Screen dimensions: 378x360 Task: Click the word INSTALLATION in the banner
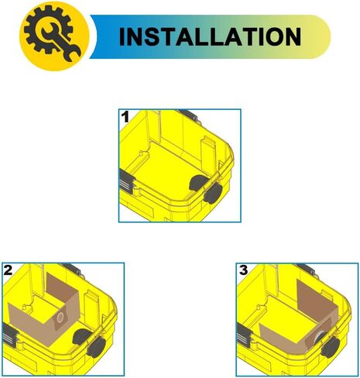(210, 36)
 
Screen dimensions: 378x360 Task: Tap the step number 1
(125, 117)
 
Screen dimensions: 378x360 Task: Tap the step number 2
(8, 270)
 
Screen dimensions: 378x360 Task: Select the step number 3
(243, 270)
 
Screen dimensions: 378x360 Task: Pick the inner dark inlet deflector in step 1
(197, 183)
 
